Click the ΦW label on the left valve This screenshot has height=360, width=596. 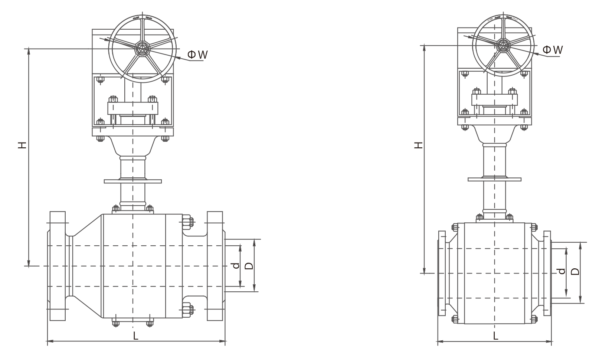(197, 55)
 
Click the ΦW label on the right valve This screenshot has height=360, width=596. (553, 49)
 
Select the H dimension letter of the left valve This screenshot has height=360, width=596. (22, 145)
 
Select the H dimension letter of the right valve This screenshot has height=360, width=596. (419, 145)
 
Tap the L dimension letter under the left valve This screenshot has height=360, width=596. (136, 336)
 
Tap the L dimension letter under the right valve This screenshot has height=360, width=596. (495, 336)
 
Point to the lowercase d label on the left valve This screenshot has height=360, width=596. (236, 265)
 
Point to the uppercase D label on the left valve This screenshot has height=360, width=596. (249, 265)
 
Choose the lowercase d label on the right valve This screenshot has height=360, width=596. (561, 271)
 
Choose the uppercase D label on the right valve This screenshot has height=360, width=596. (575, 271)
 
